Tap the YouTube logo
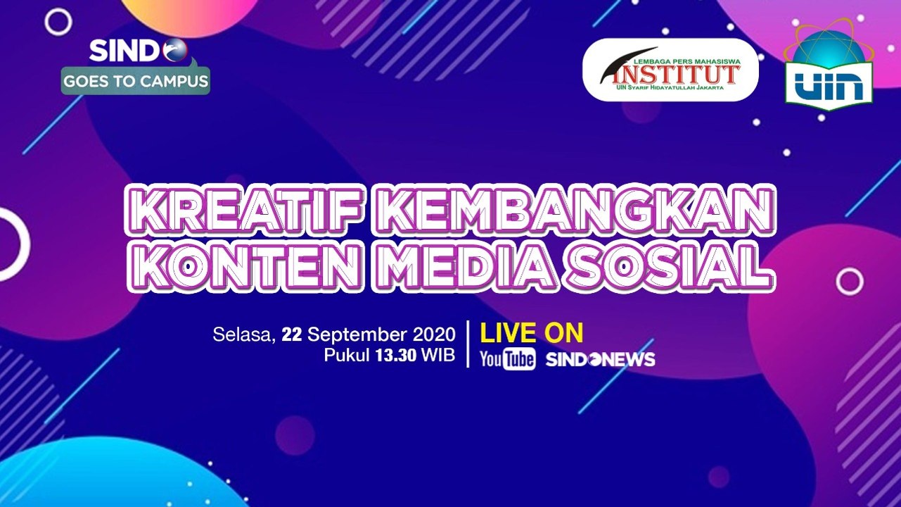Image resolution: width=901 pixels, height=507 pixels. coord(507,359)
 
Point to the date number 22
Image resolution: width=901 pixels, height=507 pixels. coord(291,334)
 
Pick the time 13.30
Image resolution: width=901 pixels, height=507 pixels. coord(396,356)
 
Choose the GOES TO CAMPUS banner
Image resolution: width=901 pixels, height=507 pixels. coord(136,81)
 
